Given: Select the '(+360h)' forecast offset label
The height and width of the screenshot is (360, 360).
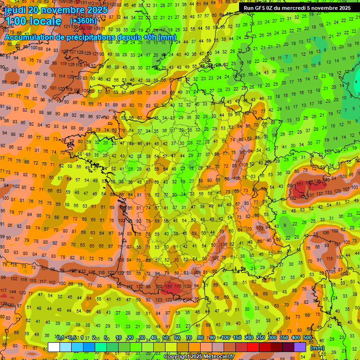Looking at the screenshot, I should coord(83,21).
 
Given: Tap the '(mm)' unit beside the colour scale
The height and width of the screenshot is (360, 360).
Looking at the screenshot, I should coord(317,347).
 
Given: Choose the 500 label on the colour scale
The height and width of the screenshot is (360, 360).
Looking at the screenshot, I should coord(307,337).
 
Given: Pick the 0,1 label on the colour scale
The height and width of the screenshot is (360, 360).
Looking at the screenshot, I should coord(60,337).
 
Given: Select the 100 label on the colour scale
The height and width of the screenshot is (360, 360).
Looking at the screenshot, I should coord(225,337).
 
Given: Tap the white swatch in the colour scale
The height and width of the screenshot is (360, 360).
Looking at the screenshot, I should coord(54,347).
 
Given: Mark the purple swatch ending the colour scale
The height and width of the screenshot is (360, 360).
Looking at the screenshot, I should coord(300,347).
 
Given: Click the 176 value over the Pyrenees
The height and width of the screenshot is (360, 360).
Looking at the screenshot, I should coord(178,286).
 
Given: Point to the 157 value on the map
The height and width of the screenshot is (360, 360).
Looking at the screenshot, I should coord(169,286).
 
